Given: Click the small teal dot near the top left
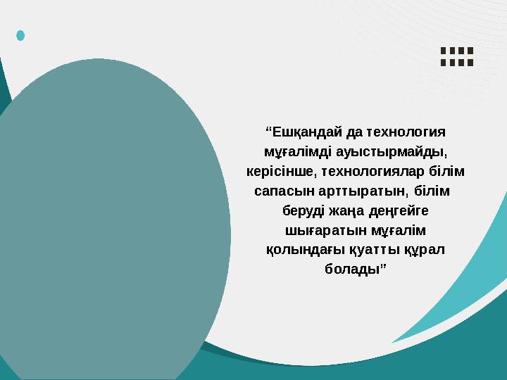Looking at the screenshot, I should click(20, 34).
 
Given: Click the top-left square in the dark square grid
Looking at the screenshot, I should click(443, 51).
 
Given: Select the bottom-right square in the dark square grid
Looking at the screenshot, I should click(470, 62).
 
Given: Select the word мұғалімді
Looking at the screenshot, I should click(289, 151).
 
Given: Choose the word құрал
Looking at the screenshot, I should click(425, 250).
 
